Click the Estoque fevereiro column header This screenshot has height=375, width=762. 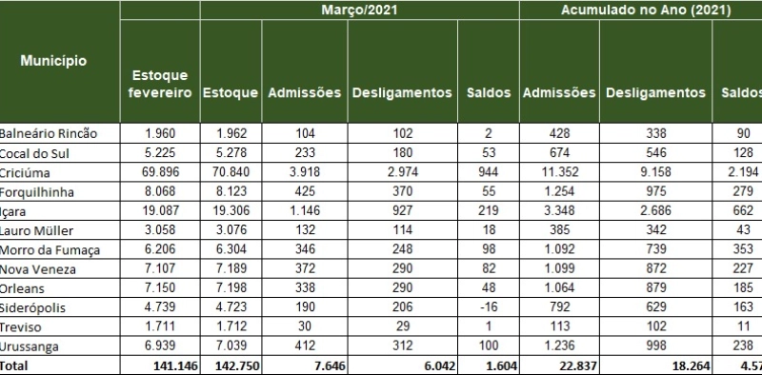coord(161,84)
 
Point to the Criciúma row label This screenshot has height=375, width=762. coord(25,173)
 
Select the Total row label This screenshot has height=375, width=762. coord(14,365)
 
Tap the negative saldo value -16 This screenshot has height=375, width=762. coord(487,307)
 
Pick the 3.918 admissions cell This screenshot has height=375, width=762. coord(305,173)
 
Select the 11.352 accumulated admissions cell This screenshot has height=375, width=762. coord(560,173)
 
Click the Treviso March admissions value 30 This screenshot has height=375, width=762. coord(305,326)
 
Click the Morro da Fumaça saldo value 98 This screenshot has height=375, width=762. coord(487,250)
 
